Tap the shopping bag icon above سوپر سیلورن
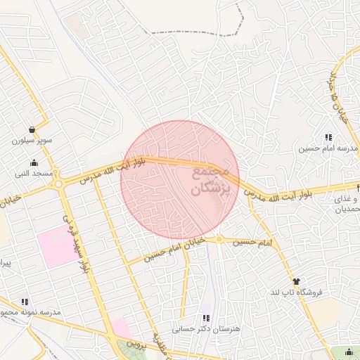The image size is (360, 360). click(x=32, y=129)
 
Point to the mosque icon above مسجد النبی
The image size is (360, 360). click(x=34, y=162)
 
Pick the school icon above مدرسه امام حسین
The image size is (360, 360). click(x=328, y=138)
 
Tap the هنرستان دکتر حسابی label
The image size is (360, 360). click(x=206, y=328)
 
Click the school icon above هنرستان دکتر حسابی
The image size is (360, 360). click(x=206, y=318)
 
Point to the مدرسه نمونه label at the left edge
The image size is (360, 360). click(x=31, y=312)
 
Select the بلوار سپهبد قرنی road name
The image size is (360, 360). click(x=78, y=243)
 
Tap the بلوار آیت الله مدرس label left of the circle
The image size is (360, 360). click(x=112, y=170)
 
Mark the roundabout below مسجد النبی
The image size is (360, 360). click(x=58, y=185)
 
